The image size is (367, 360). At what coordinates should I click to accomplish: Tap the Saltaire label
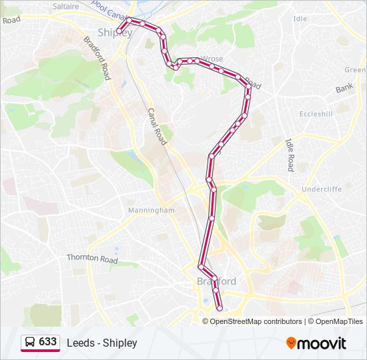point(65,6)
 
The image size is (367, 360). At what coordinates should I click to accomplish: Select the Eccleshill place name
point(316,114)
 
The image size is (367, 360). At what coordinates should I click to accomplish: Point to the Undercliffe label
point(321,189)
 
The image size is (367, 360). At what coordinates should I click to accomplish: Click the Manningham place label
point(151,210)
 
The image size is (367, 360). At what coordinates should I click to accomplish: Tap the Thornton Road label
point(92,258)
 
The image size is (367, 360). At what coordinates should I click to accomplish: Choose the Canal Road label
point(156,127)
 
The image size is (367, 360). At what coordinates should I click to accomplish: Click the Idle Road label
point(290,155)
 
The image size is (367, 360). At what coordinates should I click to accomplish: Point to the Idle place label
point(300,19)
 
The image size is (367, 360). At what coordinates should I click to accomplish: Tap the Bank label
point(344,88)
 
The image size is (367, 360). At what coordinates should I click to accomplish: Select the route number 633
point(48,341)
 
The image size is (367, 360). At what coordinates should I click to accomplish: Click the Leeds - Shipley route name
point(101,343)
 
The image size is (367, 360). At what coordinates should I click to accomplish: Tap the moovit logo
point(316,343)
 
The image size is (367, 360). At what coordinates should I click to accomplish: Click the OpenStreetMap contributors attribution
point(256,321)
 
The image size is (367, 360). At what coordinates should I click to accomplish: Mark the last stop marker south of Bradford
point(220,307)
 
